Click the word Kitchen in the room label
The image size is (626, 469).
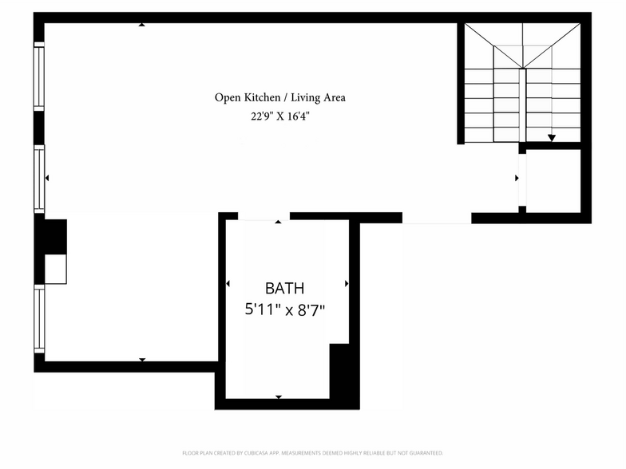click(x=262, y=98)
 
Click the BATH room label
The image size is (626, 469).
click(x=285, y=289)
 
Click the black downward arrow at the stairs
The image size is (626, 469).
click(x=551, y=138)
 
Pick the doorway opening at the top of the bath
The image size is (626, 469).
click(x=263, y=217)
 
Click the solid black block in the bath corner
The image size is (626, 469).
click(x=341, y=373)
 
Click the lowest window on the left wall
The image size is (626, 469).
click(x=38, y=320)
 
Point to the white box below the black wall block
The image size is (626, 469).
click(x=56, y=270)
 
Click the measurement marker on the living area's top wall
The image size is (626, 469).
click(x=142, y=25)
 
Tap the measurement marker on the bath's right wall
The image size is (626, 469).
click(x=347, y=283)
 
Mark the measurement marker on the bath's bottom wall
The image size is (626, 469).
click(x=279, y=396)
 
